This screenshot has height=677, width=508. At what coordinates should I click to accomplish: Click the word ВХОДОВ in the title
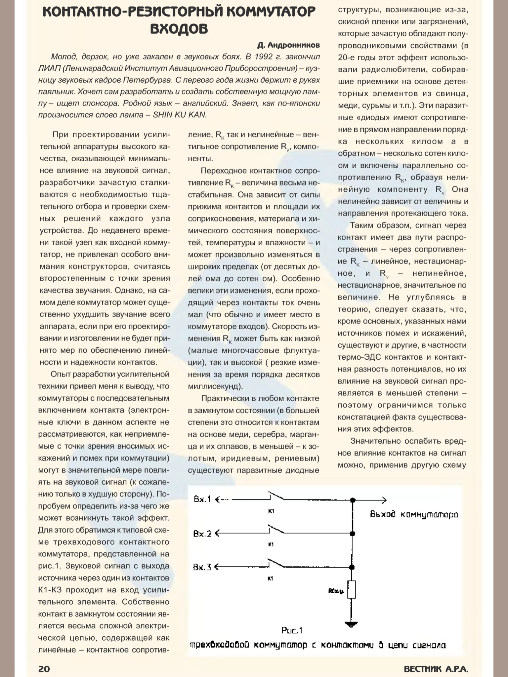(179, 29)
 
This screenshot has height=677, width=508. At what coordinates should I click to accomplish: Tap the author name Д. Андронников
(288, 45)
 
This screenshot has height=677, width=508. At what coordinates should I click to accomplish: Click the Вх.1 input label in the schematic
(202, 499)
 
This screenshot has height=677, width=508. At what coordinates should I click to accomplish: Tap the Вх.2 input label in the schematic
(202, 533)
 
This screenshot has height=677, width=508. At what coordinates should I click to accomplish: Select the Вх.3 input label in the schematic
(202, 567)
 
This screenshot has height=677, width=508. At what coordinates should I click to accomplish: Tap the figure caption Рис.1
(292, 630)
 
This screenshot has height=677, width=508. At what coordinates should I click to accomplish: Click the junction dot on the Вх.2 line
(353, 534)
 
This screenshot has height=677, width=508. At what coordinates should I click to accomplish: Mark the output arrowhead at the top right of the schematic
(384, 500)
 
